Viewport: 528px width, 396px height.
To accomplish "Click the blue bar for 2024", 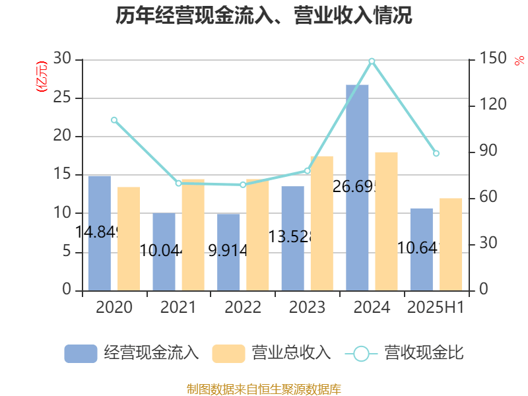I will [357, 187].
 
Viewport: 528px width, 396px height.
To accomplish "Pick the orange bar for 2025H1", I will [451, 244].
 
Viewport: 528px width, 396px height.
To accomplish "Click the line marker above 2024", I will [372, 61].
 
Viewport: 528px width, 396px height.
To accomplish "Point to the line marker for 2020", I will [114, 120].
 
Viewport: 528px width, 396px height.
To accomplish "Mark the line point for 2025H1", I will [436, 153].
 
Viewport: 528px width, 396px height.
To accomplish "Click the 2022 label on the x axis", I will [243, 308].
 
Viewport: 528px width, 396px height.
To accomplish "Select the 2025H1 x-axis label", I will [436, 308].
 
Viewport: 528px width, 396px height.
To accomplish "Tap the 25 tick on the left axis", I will [63, 98].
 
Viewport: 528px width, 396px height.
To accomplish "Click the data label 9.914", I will [228, 250].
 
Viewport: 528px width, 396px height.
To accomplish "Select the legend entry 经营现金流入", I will [132, 353].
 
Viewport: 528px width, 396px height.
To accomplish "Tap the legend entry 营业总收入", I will [271, 353].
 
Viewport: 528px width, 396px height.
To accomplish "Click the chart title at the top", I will [264, 15].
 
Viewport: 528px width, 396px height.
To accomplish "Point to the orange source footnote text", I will [264, 389].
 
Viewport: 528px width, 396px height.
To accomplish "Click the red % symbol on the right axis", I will [518, 61].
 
